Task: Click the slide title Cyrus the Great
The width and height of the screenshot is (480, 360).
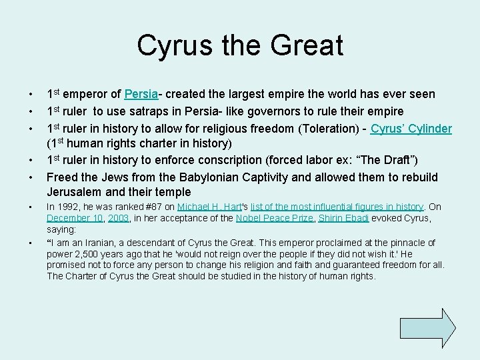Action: coord(240,46)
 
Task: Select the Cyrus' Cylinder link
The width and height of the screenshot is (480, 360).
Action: coord(412,129)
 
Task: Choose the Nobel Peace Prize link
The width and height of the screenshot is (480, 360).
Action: coord(267,218)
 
